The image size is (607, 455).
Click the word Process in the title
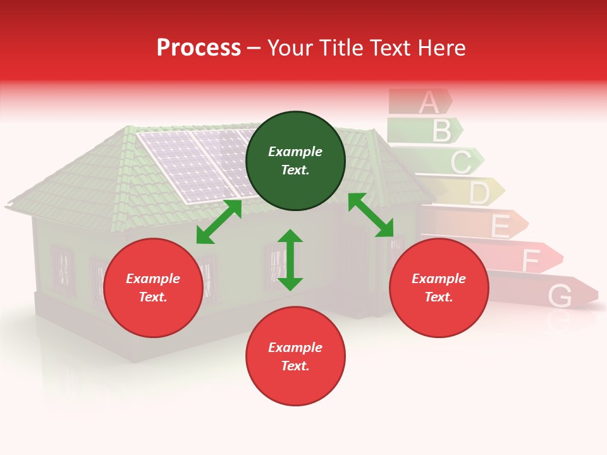point(199,48)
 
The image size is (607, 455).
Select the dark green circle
point(295,161)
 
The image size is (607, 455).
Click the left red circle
point(153,288)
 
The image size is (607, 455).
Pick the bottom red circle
point(295,356)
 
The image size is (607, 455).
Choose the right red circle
point(439,288)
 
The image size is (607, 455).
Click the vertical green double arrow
point(290,260)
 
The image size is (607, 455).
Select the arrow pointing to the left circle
point(219,222)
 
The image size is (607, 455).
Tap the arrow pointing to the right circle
point(371,215)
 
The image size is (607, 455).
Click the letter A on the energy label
point(428,102)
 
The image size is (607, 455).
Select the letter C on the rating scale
point(460,162)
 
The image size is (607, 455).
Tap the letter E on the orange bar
point(500,226)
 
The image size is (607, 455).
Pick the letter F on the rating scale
point(530,260)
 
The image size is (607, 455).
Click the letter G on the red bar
point(560,295)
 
